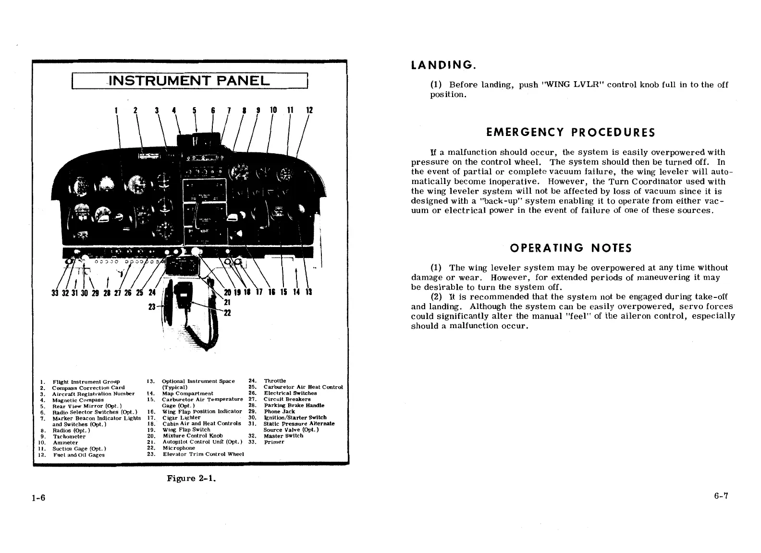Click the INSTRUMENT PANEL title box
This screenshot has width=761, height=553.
point(189,80)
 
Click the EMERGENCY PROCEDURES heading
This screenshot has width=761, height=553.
point(570,132)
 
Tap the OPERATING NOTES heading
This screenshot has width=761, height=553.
point(570,248)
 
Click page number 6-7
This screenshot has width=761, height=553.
point(722,496)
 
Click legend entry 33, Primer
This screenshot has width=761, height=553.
point(274,442)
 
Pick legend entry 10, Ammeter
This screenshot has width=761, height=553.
point(65,442)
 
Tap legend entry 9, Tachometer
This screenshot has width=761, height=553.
point(69,436)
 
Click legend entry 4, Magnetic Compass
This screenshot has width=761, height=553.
point(78,400)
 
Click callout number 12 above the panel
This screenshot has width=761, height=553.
point(309,110)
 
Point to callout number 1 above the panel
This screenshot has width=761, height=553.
point(116,110)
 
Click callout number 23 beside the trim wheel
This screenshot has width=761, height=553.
point(152,306)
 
